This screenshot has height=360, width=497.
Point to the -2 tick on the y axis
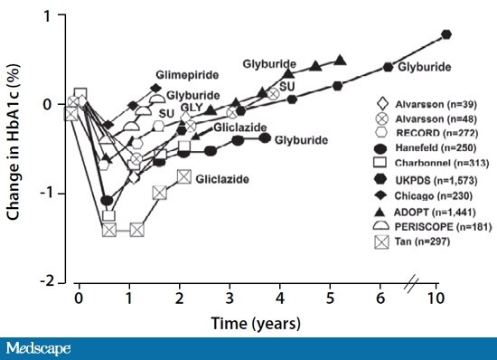[x=58, y=282]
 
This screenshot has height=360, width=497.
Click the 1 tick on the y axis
[x=60, y=16]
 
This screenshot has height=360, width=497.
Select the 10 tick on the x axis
[x=438, y=298]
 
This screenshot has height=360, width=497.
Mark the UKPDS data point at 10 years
[x=447, y=34]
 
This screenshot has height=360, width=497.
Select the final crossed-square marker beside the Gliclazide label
[x=184, y=177]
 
